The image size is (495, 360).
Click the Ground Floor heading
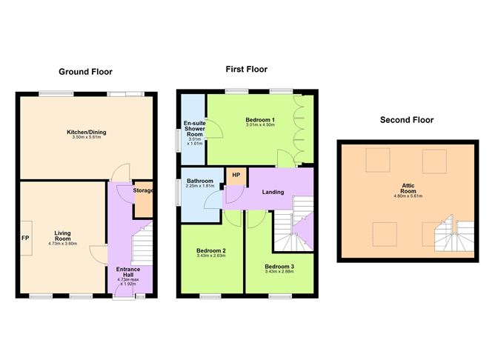(85, 72)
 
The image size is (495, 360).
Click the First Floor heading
(247, 70)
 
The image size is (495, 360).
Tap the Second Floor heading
(407, 120)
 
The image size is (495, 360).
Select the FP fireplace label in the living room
(25, 238)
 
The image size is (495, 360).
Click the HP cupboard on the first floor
(236, 176)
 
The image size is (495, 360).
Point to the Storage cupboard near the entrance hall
(144, 199)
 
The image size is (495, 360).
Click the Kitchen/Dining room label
(87, 132)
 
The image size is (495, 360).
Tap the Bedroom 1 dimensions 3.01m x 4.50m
(260, 125)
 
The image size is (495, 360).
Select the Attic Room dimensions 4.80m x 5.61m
(408, 196)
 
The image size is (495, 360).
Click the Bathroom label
(200, 181)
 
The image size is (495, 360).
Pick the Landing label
(273, 192)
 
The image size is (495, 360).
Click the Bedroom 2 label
(211, 251)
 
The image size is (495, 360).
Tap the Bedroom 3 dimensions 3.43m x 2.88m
(279, 271)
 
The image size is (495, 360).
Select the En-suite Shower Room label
(195, 129)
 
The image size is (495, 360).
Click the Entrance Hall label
(128, 272)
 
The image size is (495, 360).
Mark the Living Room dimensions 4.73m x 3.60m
(62, 244)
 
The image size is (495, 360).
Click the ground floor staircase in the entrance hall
(142, 243)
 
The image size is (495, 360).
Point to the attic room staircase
(454, 233)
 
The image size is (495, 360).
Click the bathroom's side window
(178, 193)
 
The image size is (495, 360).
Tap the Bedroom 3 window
(280, 296)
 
